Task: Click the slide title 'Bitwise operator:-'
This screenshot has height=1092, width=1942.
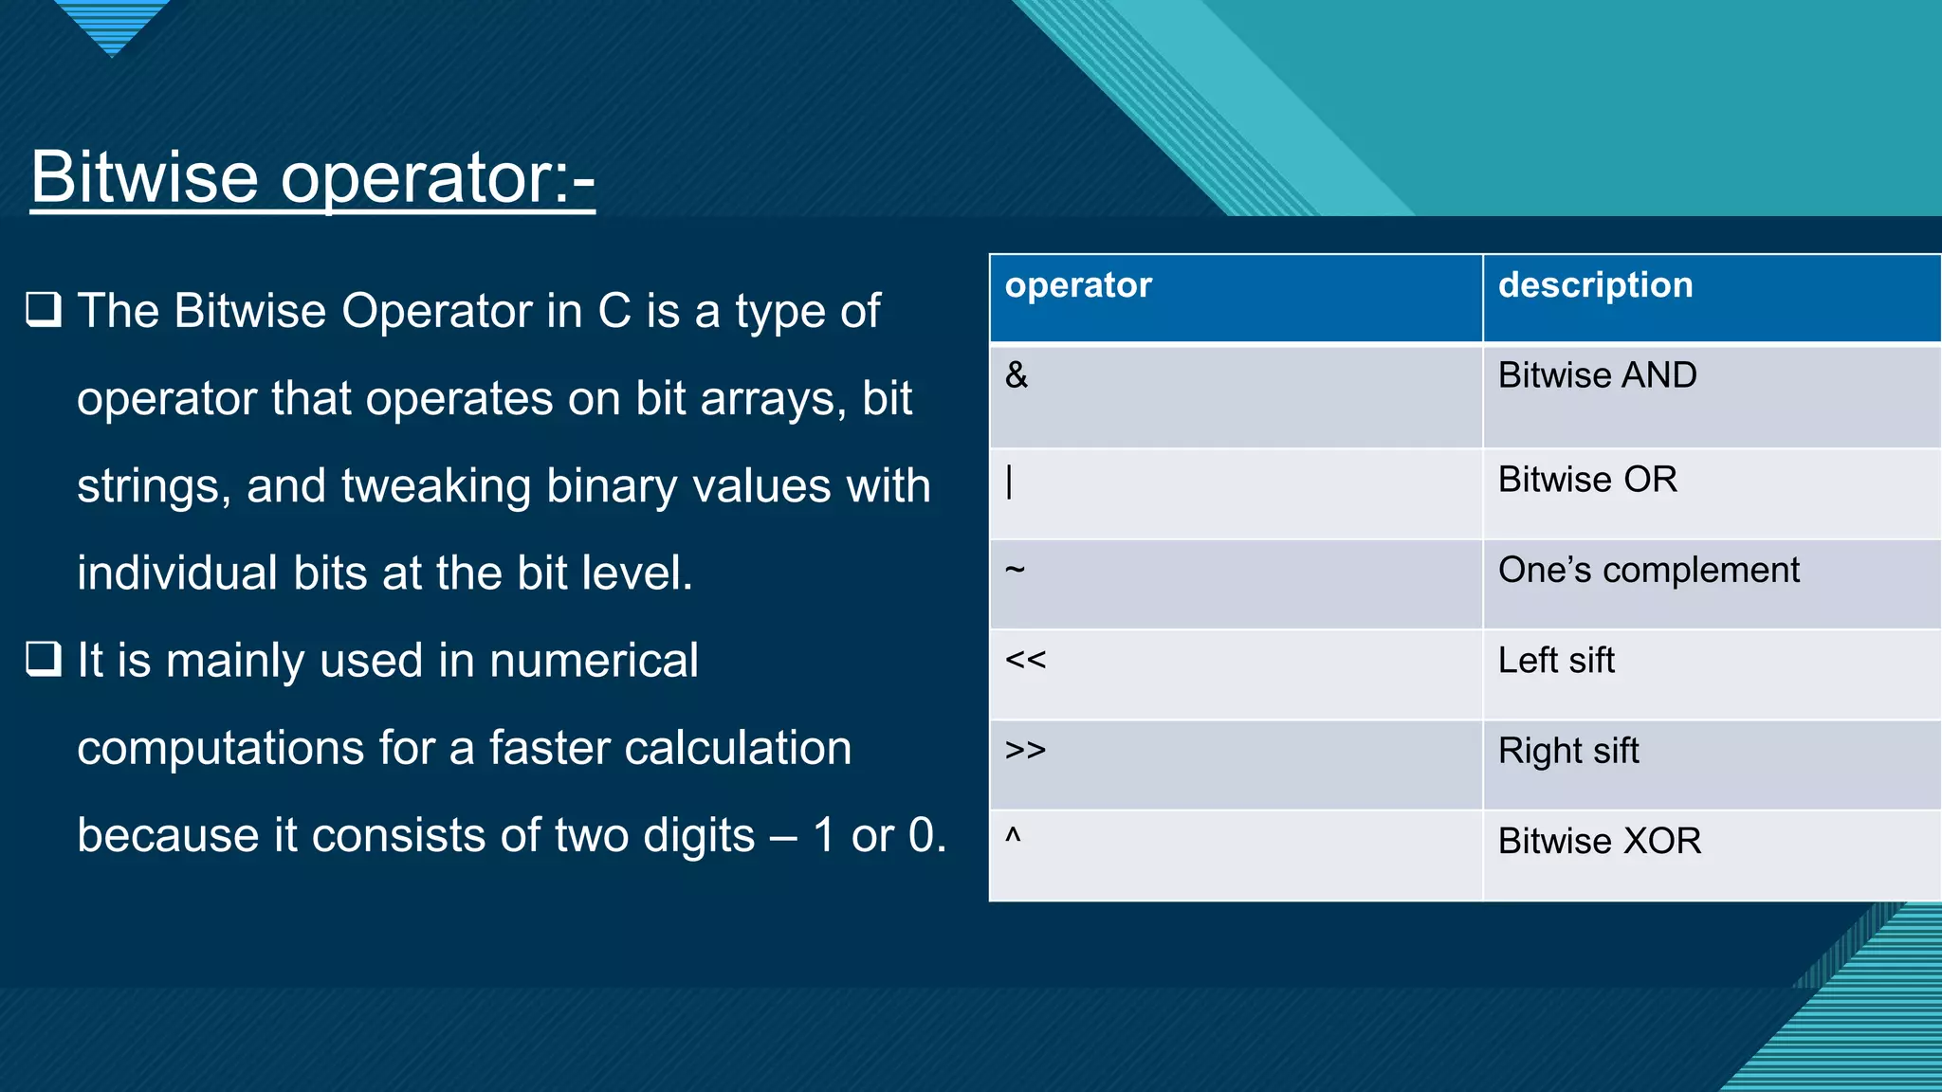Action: tap(312, 177)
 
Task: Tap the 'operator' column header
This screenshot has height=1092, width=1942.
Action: tap(1078, 285)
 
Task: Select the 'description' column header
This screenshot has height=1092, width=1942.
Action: tap(1595, 285)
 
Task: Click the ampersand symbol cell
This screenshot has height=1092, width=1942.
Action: tap(1017, 375)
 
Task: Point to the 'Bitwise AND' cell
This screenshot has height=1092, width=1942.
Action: tap(1597, 375)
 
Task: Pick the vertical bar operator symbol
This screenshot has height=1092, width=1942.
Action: tap(1010, 482)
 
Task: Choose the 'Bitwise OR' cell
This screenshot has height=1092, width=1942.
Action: tap(1587, 480)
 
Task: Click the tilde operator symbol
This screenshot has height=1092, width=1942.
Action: tap(1015, 570)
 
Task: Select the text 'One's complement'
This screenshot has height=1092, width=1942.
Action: tap(1648, 571)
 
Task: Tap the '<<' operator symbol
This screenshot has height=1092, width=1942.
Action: tap(1025, 660)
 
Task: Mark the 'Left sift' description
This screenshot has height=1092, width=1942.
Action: tap(1556, 661)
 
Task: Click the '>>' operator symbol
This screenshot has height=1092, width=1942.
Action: tap(1025, 750)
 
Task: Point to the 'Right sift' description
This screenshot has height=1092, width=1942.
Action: tap(1568, 751)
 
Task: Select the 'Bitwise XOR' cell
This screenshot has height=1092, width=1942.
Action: tap(1600, 841)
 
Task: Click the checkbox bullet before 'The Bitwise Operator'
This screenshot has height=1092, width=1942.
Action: tap(44, 310)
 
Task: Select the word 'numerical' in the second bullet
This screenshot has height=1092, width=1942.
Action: tap(594, 661)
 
